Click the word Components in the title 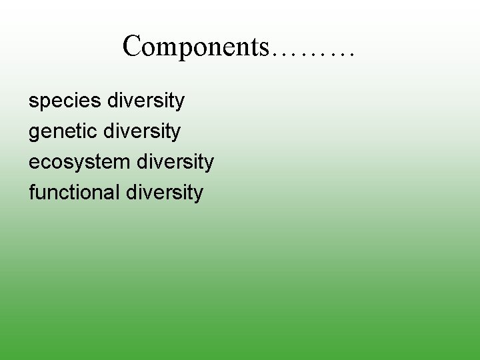tap(195, 47)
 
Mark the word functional tap(73, 193)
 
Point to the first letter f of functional tap(32, 193)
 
